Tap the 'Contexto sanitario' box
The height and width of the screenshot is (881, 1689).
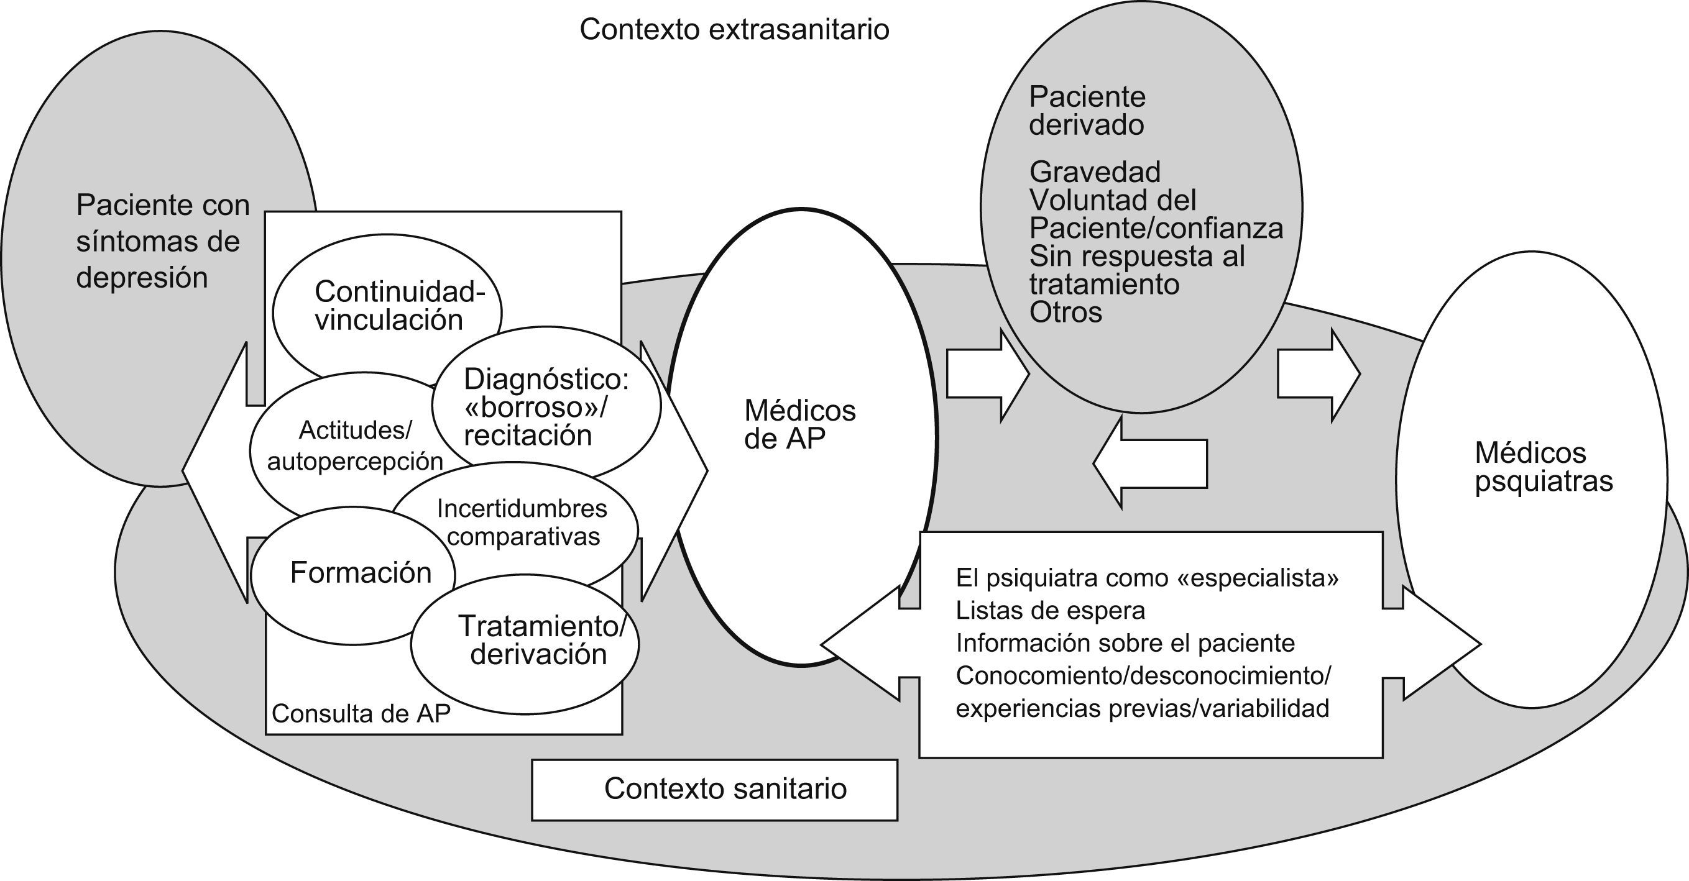(x=714, y=789)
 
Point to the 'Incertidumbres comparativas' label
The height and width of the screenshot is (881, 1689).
(x=522, y=522)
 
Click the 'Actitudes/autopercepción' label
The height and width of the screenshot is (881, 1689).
(x=355, y=445)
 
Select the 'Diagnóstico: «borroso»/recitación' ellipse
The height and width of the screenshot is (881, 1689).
(x=546, y=407)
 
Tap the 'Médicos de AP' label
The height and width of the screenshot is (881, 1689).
(x=800, y=425)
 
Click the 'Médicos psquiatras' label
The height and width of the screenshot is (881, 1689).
(x=1544, y=467)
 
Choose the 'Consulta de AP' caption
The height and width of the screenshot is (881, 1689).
(x=361, y=714)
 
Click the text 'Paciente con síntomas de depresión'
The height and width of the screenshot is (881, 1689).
(x=163, y=242)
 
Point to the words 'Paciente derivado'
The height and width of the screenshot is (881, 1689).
(x=1087, y=111)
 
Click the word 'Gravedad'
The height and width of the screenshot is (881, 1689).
(x=1095, y=171)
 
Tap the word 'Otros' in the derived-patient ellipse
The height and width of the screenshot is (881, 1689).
(x=1065, y=313)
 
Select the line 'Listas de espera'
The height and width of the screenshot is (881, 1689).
(x=1051, y=610)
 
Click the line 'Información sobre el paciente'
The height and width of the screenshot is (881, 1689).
(x=1125, y=643)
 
